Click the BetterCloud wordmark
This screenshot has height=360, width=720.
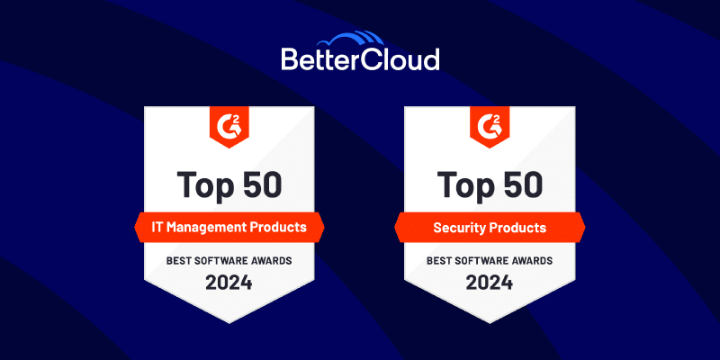tap(360, 60)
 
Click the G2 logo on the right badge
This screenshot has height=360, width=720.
tap(490, 125)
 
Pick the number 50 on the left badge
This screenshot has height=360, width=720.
tap(262, 184)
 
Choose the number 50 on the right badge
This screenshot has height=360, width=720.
tap(522, 184)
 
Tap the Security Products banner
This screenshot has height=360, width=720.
tap(490, 228)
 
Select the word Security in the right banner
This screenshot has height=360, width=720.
tap(461, 228)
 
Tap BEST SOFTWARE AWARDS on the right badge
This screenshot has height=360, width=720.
tap(490, 261)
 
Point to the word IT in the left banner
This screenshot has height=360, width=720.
tap(160, 228)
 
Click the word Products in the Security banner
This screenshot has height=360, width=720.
tap(520, 228)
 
